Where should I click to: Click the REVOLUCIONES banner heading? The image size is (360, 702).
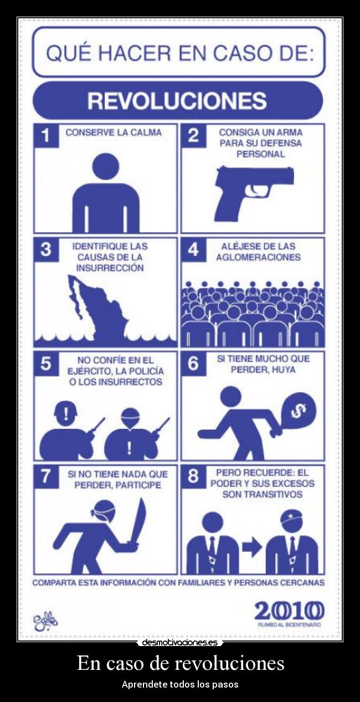tap(177, 101)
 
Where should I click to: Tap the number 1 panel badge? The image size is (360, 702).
tap(46, 136)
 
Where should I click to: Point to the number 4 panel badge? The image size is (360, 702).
tap(193, 249)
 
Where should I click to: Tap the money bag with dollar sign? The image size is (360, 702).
tap(298, 411)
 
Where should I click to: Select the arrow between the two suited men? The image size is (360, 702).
tap(252, 547)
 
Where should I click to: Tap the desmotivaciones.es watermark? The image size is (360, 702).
tap(179, 642)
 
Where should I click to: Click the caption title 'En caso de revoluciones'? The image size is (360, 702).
tap(180, 663)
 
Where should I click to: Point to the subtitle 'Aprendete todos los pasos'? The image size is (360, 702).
tap(180, 684)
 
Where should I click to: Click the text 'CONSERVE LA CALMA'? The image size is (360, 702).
tap(114, 132)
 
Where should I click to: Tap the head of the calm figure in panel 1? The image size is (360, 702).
tap(105, 167)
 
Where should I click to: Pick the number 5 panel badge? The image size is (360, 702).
tap(46, 363)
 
